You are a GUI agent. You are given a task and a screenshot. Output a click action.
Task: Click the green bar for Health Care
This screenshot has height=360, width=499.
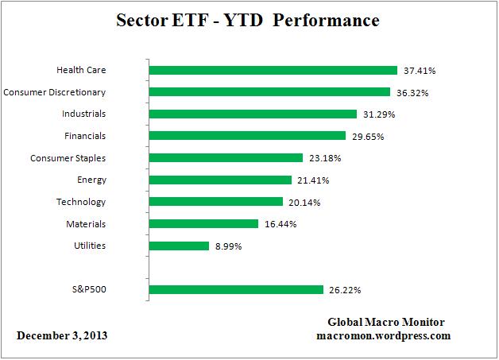coord(273,70)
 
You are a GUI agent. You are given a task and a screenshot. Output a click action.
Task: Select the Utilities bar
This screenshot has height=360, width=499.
coord(179,246)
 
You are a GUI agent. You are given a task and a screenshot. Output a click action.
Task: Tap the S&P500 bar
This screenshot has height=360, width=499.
coord(236,290)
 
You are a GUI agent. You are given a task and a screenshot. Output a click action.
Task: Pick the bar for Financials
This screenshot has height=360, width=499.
coord(247,136)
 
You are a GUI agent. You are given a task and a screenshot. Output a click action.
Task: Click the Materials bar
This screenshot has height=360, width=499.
coord(203,224)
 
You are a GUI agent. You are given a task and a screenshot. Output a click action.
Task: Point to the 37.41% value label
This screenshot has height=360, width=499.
coord(420,71)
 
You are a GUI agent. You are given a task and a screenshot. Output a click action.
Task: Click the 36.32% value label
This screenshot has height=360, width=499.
coord(412,92)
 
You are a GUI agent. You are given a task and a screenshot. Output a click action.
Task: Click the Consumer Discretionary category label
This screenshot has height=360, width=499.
coord(55,92)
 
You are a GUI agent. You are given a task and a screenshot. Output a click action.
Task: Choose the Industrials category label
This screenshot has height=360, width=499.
coord(83,114)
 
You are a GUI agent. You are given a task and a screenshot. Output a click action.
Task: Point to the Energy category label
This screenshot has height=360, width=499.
coord(91,180)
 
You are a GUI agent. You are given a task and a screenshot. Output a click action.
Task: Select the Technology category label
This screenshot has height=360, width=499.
coord(80,202)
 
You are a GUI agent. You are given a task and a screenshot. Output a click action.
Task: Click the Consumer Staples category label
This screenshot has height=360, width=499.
coord(68,158)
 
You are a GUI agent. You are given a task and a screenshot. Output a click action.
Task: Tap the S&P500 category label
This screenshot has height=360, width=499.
coord(87,290)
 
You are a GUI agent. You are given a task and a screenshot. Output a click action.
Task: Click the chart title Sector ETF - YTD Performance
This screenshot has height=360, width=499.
coord(249,21)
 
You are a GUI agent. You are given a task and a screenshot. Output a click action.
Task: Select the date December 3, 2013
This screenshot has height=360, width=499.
coord(62,335)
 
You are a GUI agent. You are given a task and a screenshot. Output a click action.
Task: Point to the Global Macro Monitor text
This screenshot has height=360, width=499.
coord(386,322)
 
